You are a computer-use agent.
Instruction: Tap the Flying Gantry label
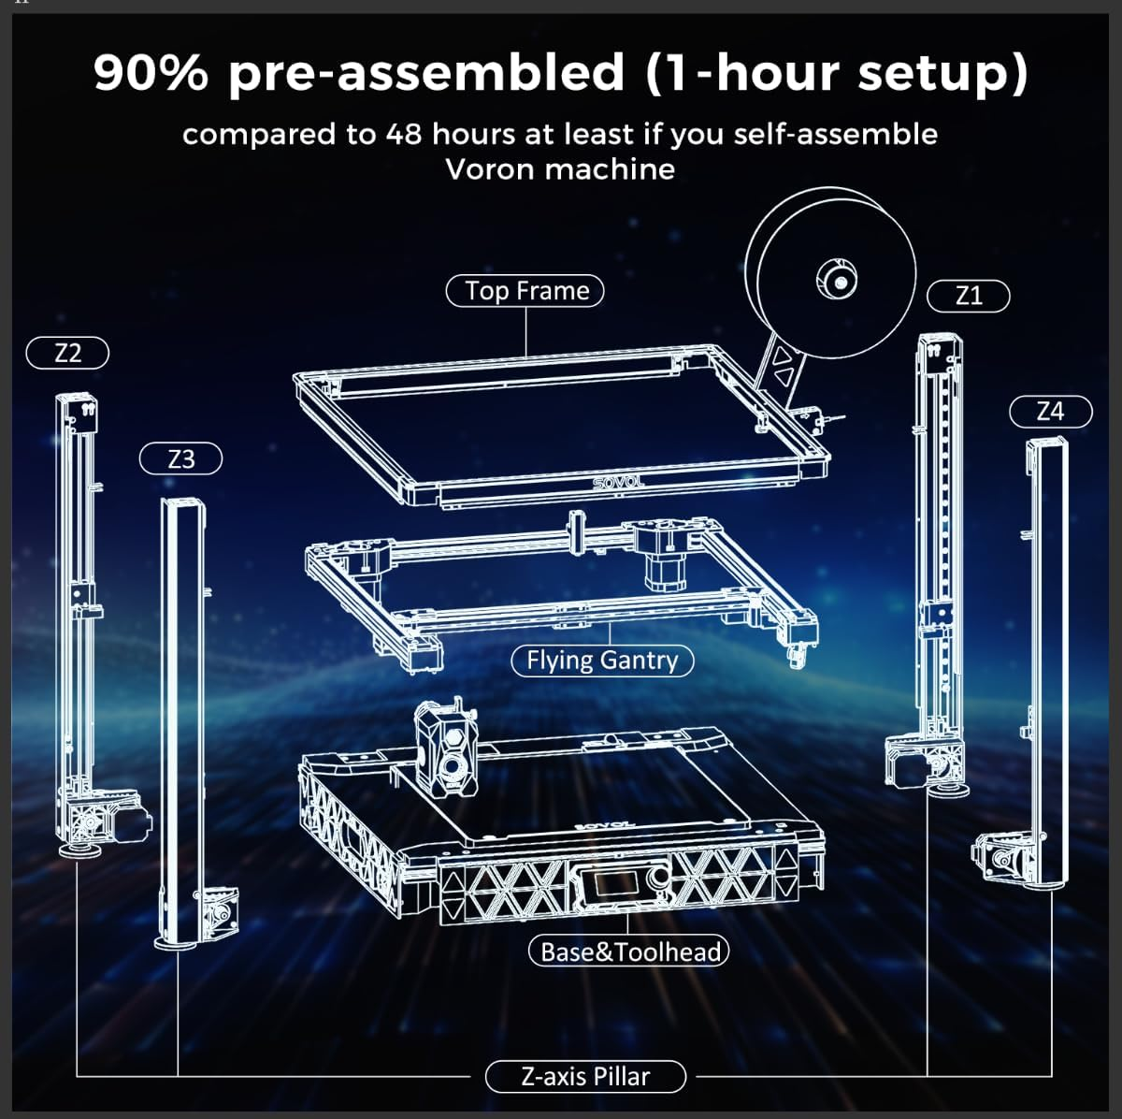pos(602,661)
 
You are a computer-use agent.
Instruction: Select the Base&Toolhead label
pos(628,952)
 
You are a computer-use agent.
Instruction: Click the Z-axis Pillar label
pos(585,1076)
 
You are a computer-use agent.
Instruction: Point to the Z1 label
pos(969,297)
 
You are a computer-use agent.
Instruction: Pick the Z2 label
pos(68,354)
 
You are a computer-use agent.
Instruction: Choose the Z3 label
pos(181,459)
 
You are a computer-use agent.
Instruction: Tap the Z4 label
pos(1050,411)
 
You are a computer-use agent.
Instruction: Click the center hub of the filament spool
pos(838,278)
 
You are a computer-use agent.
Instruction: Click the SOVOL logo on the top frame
pos(620,483)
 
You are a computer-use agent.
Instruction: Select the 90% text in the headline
pos(151,73)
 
